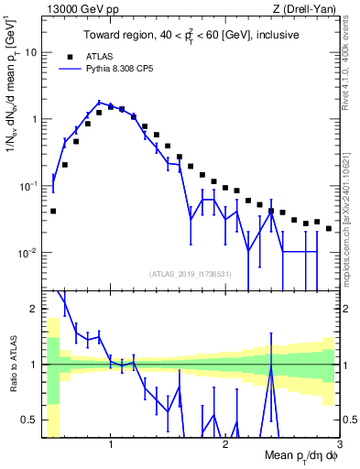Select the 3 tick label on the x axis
click(338, 444)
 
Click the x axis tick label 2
click(225, 444)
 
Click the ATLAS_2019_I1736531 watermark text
click(191, 274)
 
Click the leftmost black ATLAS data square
click(53, 211)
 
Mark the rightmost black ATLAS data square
click(329, 228)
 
